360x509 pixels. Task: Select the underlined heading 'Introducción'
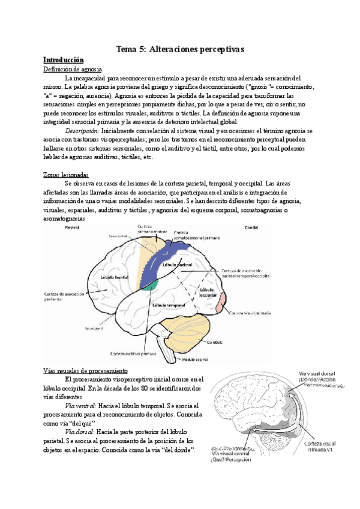pyautogui.click(x=63, y=60)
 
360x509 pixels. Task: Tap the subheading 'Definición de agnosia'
pyautogui.click(x=73, y=70)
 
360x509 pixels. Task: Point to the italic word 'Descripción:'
pyautogui.click(x=82, y=131)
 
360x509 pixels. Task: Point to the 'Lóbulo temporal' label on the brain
pyautogui.click(x=169, y=304)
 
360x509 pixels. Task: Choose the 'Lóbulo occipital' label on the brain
pyautogui.click(x=209, y=292)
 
